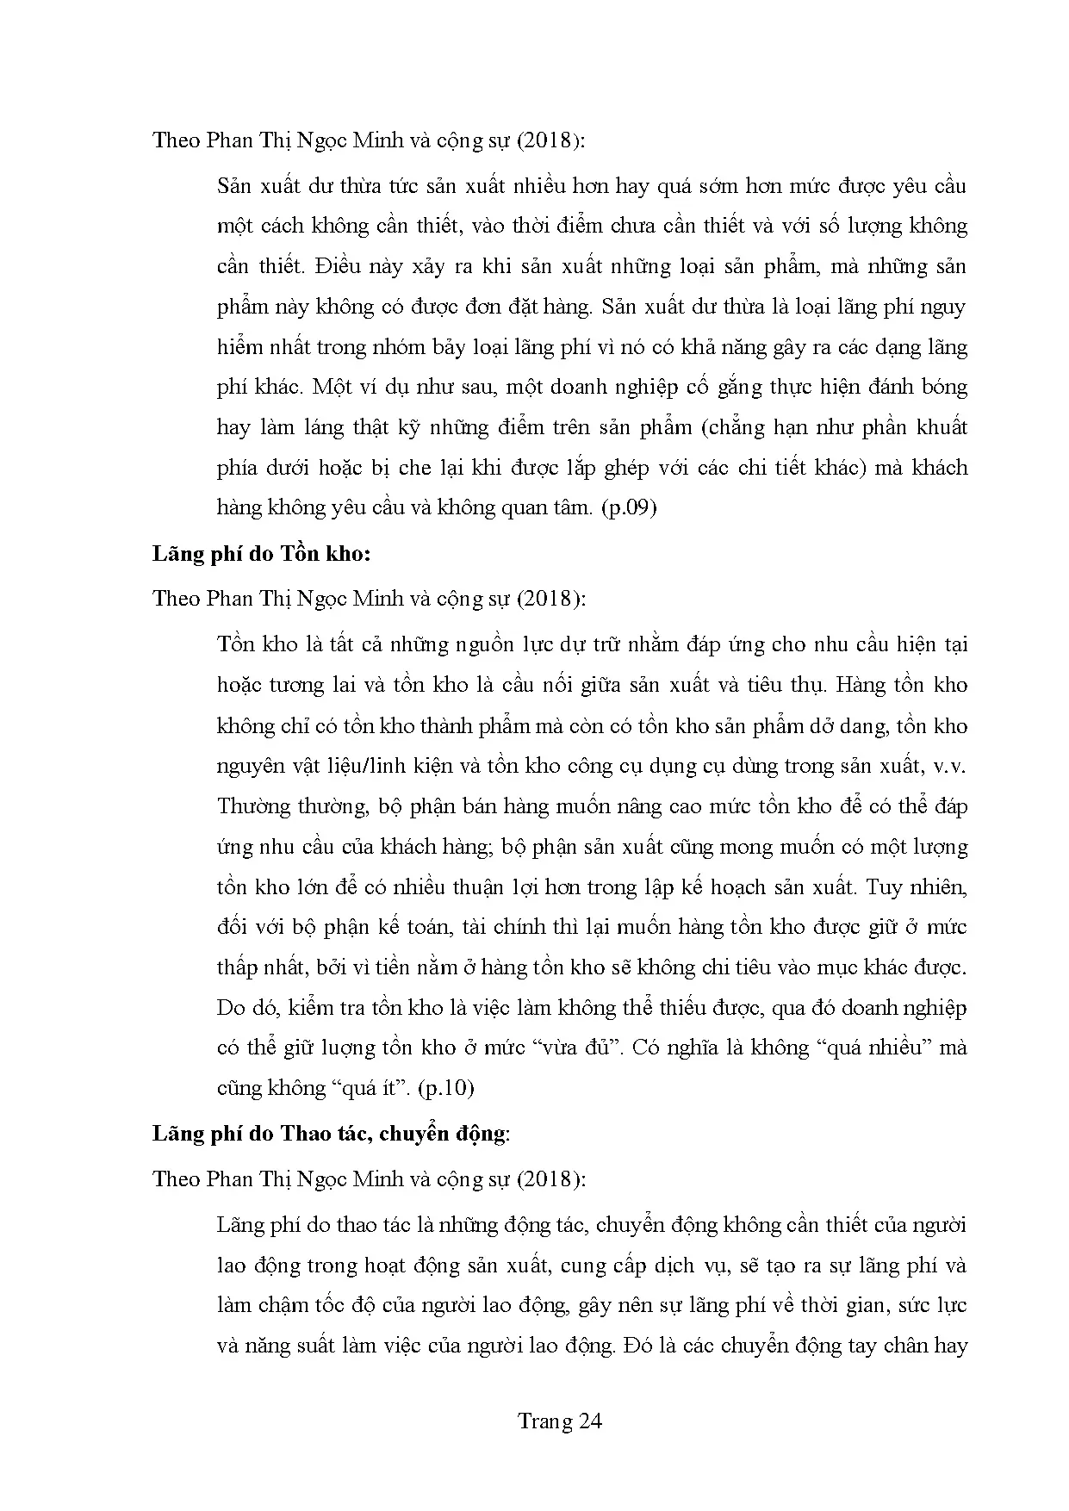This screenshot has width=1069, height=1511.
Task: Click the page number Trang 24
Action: pyautogui.click(x=559, y=1421)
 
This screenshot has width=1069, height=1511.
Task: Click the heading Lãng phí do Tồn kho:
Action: pyautogui.click(x=261, y=553)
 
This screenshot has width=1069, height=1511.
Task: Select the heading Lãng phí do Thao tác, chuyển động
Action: pyautogui.click(x=330, y=1133)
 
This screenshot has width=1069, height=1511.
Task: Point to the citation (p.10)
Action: pyautogui.click(x=445, y=1087)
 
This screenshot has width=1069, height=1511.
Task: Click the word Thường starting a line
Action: pyautogui.click(x=251, y=805)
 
